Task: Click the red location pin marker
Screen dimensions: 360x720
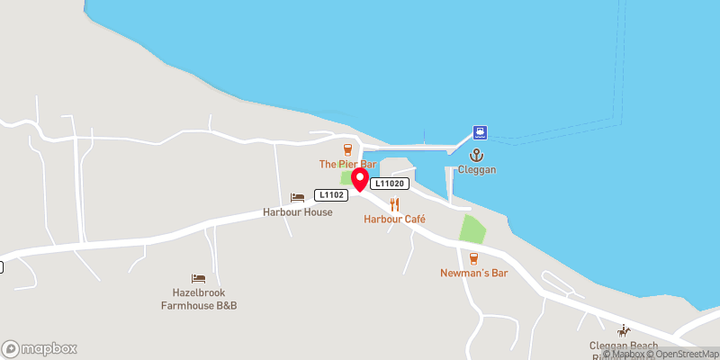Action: click(360, 179)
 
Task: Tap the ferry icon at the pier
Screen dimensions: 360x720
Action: click(481, 133)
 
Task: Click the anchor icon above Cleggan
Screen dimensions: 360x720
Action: click(476, 155)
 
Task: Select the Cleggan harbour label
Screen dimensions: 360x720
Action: click(476, 169)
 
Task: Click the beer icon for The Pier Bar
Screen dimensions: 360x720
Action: click(347, 149)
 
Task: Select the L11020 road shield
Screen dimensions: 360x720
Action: click(391, 184)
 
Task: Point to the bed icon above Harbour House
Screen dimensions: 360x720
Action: click(297, 197)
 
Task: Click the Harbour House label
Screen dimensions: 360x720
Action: click(297, 212)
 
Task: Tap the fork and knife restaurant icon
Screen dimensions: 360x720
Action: click(394, 204)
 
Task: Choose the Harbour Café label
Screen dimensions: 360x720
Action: click(394, 219)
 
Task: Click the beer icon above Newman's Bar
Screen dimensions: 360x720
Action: click(473, 257)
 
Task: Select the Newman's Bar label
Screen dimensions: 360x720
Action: click(473, 273)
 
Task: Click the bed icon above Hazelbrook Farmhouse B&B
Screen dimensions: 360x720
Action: click(198, 278)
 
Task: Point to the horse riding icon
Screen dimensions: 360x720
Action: click(623, 330)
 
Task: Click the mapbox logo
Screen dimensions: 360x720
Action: click(39, 348)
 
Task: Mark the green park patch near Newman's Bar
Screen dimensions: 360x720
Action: click(472, 229)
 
